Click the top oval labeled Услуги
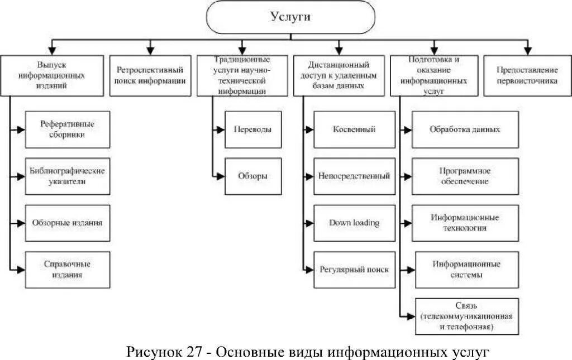pos(290,17)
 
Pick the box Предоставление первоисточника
pos(527,75)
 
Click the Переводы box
pos(252,129)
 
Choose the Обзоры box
pos(252,176)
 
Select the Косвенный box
pos(354,129)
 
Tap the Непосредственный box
pos(354,176)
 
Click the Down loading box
pos(354,223)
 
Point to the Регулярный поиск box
pos(354,270)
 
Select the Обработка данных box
pos(465,129)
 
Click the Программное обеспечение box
pos(465,176)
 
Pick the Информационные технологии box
pos(465,223)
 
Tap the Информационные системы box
pos(465,270)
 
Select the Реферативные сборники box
pos(68,129)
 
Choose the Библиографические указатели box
pos(68,176)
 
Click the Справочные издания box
pos(68,270)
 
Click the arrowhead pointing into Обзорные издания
pos(21,223)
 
